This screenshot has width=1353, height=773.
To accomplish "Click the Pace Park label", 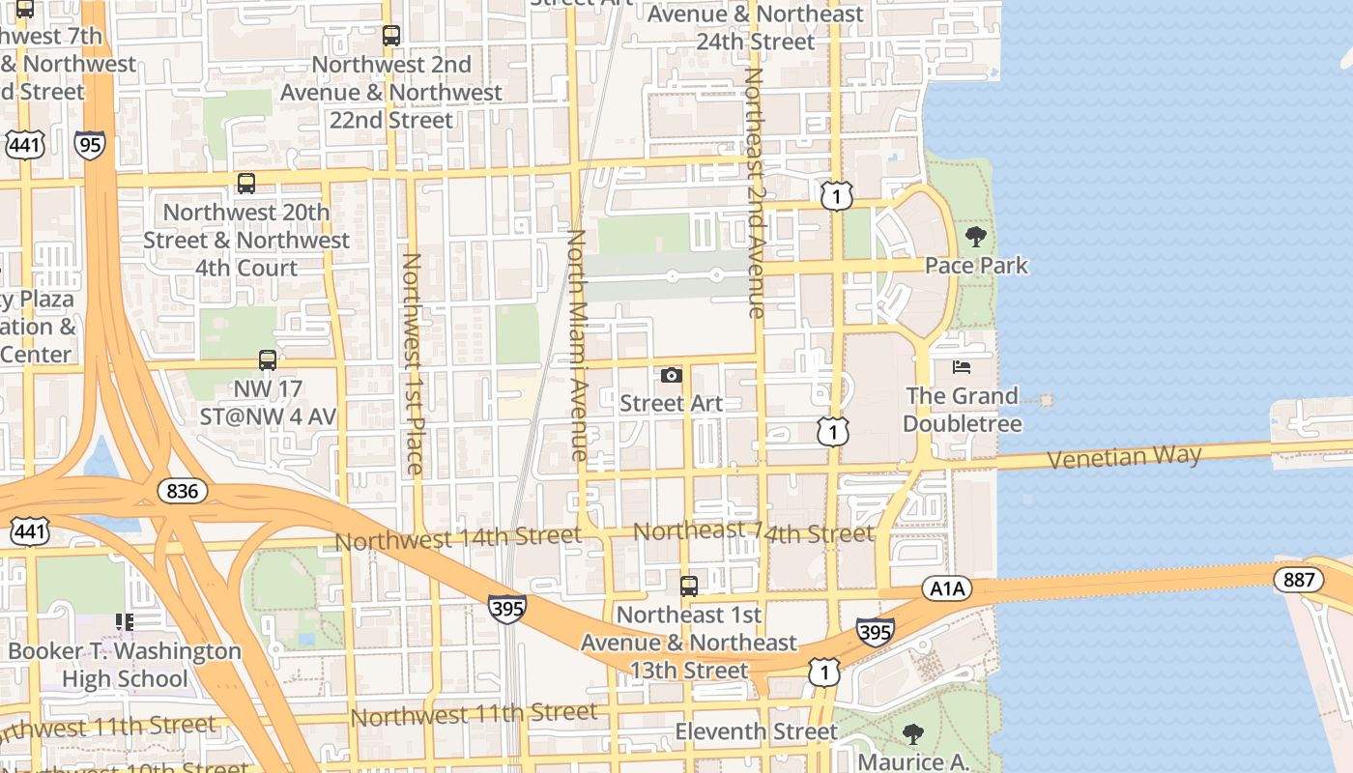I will [x=976, y=265].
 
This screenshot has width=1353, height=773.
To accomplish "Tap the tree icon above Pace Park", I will [x=976, y=237].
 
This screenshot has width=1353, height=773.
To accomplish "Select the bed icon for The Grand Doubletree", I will [x=962, y=367].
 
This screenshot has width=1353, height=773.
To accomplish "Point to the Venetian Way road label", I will [x=1124, y=456].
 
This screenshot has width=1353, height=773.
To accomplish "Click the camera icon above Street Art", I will [x=672, y=375].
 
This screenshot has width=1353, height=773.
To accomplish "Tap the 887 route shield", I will [x=1298, y=579].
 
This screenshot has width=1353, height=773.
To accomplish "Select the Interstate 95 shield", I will [x=90, y=146].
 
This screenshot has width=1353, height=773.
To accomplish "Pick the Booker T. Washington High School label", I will [x=125, y=665].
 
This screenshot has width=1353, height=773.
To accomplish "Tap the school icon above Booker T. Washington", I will [x=125, y=622].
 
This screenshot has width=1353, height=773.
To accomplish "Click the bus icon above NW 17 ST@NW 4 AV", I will [x=268, y=360].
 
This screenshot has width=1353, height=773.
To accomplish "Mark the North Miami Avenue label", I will [x=578, y=344].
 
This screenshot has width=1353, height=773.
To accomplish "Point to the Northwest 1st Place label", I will [x=413, y=363].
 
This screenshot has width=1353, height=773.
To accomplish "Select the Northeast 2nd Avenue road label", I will [x=755, y=193].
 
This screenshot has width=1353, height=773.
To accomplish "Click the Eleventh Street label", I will [x=756, y=731].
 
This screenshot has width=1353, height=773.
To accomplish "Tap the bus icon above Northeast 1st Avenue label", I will [x=689, y=586].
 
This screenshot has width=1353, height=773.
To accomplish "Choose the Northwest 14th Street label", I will [x=458, y=537].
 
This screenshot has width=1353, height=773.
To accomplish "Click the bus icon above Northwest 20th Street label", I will [x=246, y=184].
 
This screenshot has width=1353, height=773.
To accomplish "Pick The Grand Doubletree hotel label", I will [x=963, y=410].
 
